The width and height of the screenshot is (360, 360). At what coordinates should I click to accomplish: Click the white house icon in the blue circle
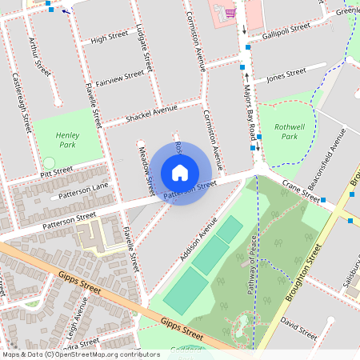click(180, 172)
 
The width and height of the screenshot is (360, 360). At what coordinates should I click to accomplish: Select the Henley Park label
click(67, 141)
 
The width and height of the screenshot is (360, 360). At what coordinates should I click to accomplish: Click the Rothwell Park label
click(286, 131)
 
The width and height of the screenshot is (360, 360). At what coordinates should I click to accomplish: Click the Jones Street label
click(286, 75)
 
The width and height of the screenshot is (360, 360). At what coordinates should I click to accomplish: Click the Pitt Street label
click(57, 171)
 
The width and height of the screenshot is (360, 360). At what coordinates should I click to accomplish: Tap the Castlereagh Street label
click(22, 102)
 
